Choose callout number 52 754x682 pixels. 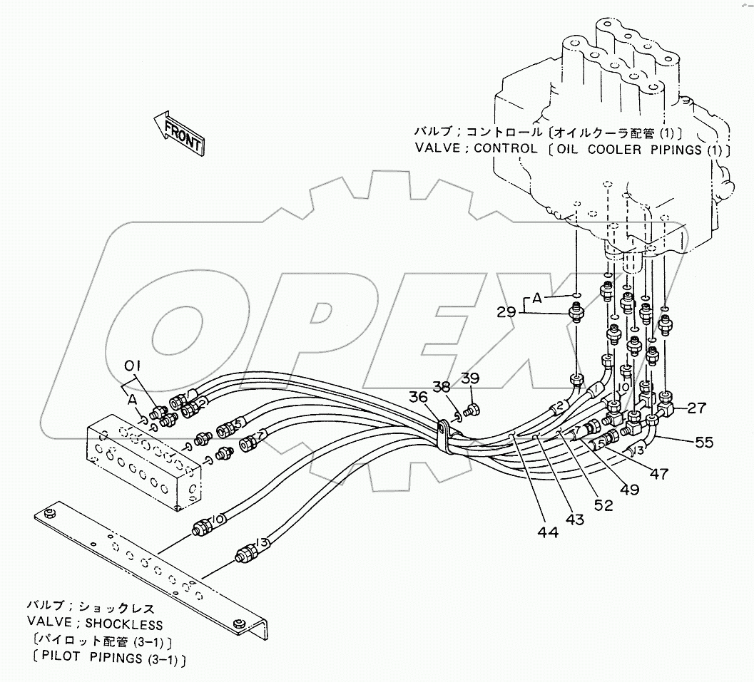(x=603, y=505)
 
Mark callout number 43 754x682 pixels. (x=574, y=520)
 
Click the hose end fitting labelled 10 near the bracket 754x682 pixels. (x=203, y=528)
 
